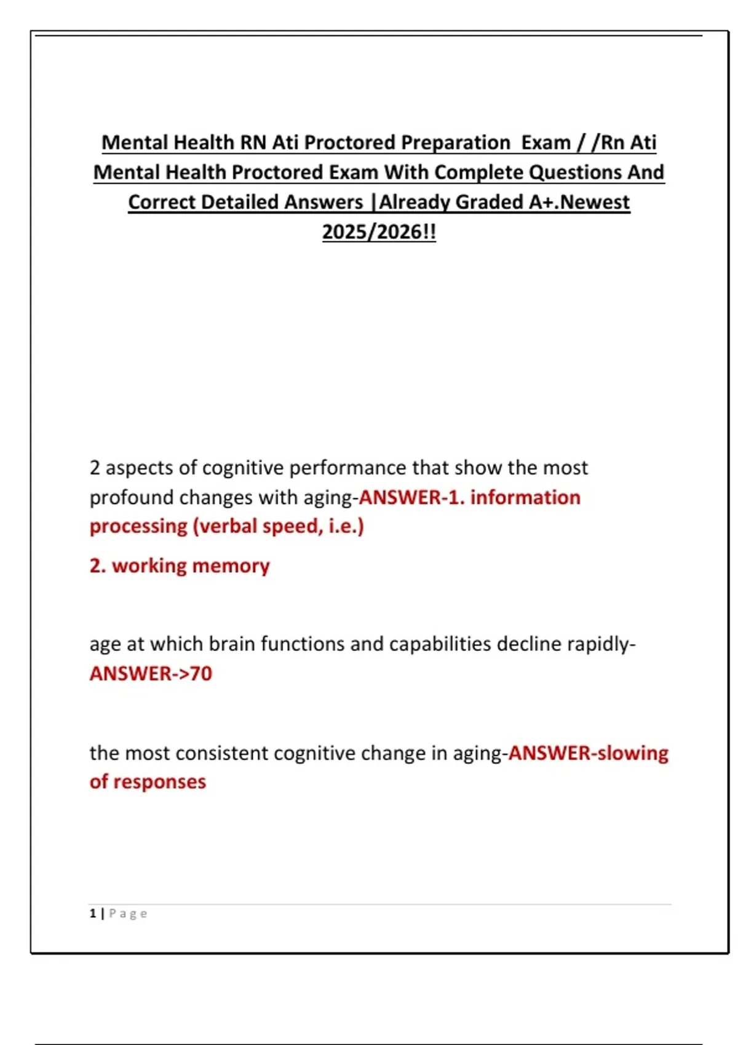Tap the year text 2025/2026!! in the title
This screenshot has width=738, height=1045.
379,232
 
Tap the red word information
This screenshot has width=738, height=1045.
525,497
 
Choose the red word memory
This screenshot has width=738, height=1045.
232,566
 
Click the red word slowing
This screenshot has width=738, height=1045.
633,753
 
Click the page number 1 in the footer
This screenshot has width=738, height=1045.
93,913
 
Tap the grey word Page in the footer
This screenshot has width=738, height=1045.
128,913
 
